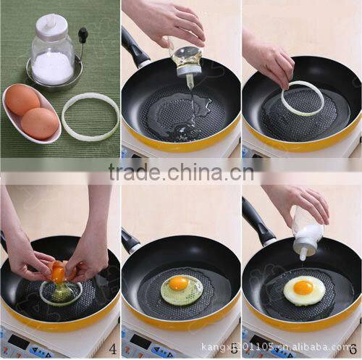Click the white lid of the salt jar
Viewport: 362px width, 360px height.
51,25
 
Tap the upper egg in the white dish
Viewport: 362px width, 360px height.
23,100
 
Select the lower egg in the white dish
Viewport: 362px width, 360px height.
40,122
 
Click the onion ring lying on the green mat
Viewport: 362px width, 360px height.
90,116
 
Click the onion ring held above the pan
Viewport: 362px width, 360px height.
303,99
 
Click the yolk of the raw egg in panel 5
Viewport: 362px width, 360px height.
178,283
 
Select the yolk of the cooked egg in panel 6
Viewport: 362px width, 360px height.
303,288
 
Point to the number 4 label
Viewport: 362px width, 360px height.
113,348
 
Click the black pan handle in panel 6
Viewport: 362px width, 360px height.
257,219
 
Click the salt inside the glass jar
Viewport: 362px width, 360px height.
53,67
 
